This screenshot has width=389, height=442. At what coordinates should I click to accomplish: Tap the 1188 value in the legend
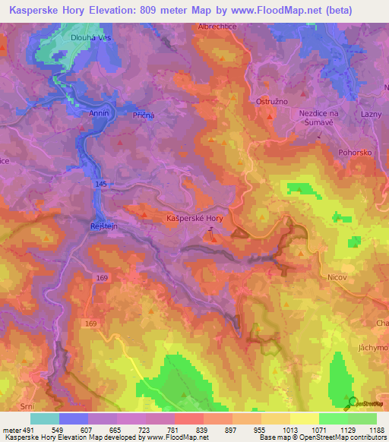(x=375, y=429)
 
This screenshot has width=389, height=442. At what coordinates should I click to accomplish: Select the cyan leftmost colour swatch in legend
(x=44, y=418)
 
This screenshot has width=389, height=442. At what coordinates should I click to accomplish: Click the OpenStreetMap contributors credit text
(x=343, y=437)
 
